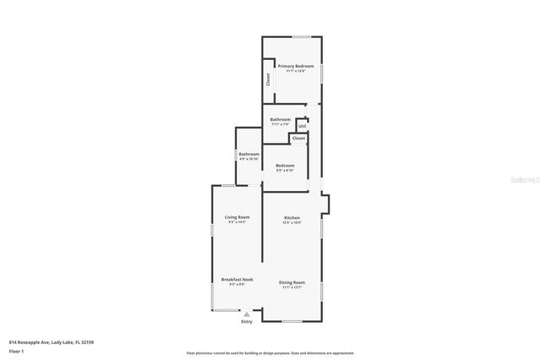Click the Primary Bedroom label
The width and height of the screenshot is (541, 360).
coord(296,66)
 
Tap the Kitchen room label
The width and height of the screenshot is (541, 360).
coord(292,217)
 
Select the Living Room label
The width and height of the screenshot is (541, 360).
coord(237,217)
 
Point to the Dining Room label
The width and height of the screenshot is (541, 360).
coord(292,282)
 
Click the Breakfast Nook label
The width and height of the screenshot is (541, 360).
coord(237,280)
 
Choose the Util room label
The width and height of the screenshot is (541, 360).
coord(302,126)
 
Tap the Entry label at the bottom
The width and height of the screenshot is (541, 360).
coord(247,321)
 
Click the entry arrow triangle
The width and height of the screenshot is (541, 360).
coord(247,314)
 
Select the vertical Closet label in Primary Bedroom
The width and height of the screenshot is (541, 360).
coord(269,79)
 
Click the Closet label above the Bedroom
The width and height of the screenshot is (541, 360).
coord(298,138)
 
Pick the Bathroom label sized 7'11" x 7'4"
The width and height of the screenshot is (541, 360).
coord(281,119)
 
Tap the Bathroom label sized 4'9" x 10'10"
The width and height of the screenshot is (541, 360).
coord(249,154)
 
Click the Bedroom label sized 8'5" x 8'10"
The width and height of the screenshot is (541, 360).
coord(285,166)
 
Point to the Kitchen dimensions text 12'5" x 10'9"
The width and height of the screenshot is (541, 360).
coord(292,223)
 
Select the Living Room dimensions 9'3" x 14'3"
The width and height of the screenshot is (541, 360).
coord(237,222)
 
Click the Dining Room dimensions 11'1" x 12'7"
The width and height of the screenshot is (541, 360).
coord(292,287)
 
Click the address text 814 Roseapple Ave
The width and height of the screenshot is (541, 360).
coord(51,342)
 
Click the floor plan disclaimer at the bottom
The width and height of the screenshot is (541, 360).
coord(270,352)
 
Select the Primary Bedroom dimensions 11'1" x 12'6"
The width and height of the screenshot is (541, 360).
coord(296,71)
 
